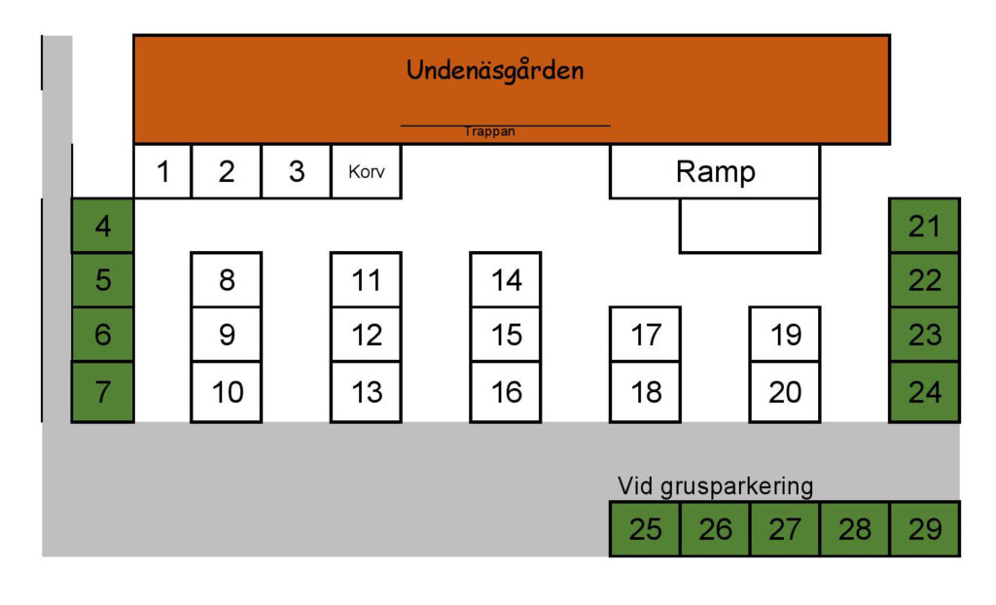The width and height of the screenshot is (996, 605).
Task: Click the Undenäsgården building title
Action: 495,71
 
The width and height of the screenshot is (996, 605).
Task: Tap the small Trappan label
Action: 489,131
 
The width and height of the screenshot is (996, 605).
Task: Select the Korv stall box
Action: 367,171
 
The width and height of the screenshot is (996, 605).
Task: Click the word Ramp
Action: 715,171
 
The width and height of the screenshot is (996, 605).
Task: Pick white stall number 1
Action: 162,171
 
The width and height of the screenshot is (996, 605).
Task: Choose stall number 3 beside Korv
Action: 296,171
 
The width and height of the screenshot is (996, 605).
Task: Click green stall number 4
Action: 103,226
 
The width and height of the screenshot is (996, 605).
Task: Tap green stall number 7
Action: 103,392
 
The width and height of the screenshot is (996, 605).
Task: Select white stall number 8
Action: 227,279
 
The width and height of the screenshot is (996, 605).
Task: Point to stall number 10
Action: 227,392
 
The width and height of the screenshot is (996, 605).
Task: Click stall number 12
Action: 367,335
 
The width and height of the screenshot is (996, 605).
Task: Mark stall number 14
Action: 506,279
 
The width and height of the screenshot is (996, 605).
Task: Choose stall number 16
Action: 506,392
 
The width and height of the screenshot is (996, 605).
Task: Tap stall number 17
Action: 646,335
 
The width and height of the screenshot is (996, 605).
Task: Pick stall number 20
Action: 785,392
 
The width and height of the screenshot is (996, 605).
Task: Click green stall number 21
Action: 924,226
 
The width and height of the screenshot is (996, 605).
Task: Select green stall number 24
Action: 924,392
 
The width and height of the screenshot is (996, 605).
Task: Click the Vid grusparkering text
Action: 715,486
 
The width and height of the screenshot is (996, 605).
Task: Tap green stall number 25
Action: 646,529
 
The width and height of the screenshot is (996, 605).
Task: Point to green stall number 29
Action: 925,529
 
